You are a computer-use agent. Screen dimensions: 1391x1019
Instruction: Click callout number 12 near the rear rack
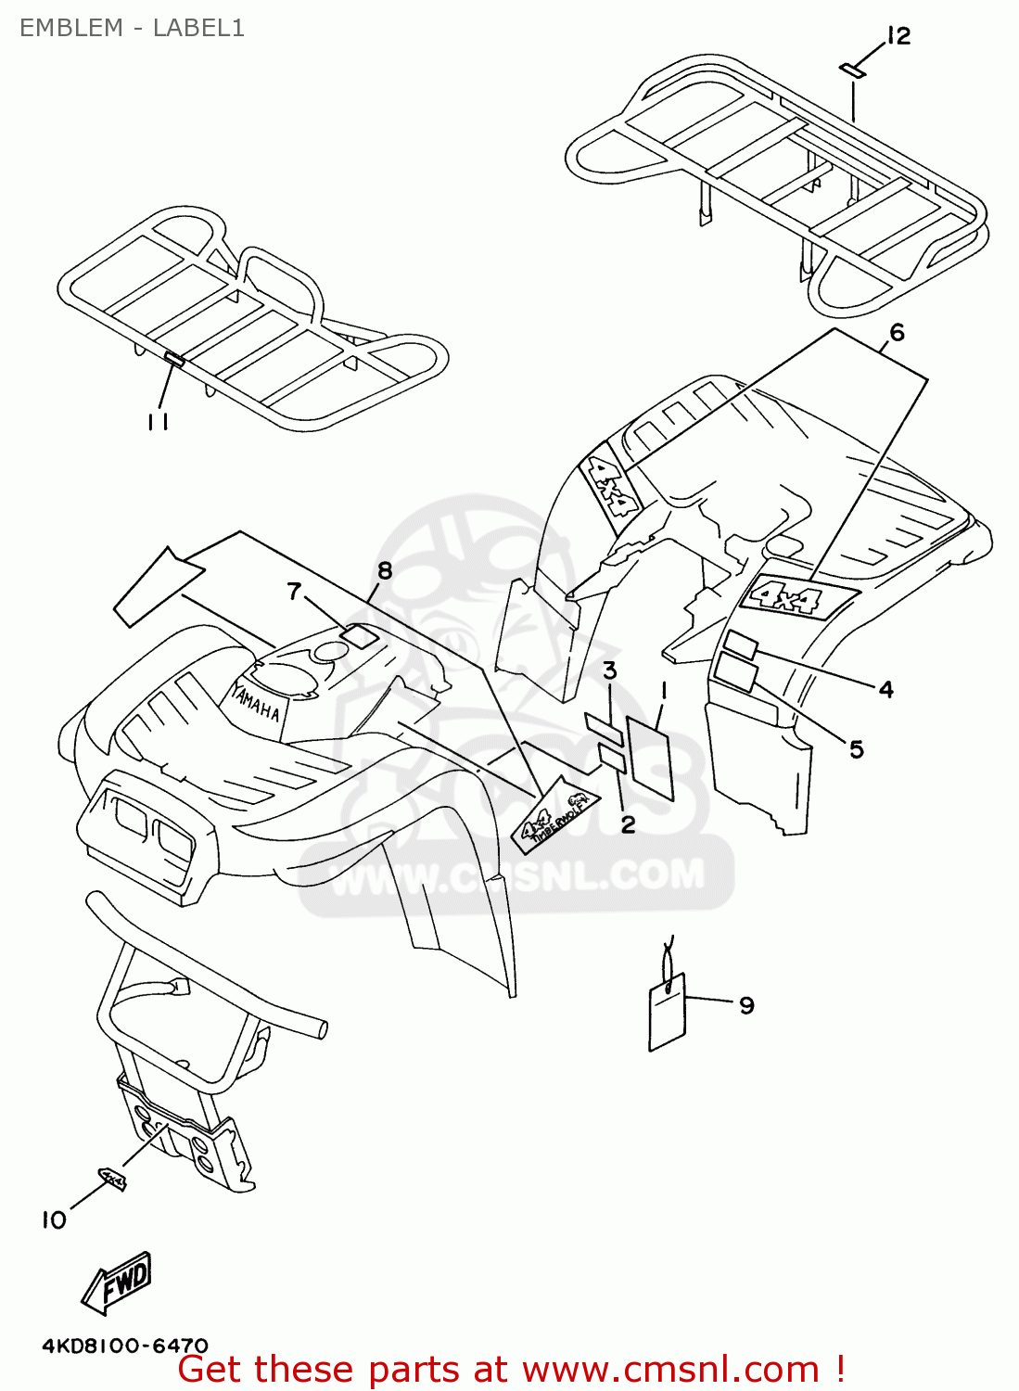(x=898, y=36)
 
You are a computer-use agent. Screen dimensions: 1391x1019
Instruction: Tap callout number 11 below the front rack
(x=158, y=422)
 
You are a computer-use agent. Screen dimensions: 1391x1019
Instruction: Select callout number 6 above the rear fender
(x=897, y=332)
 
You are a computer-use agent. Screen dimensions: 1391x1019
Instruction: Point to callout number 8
(x=385, y=570)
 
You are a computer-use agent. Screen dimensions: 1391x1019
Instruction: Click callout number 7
(x=295, y=591)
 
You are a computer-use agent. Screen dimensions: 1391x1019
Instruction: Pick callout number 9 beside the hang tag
(x=746, y=1005)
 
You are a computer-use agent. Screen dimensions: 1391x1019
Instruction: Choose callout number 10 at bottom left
(x=54, y=1220)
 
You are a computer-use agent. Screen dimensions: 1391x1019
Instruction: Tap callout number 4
(x=885, y=689)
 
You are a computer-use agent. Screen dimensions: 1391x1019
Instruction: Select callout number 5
(x=856, y=748)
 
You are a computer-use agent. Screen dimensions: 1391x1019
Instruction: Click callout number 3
(x=609, y=670)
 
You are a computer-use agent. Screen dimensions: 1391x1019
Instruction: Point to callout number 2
(x=628, y=824)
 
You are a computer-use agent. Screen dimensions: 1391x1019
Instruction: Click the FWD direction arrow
(x=118, y=1283)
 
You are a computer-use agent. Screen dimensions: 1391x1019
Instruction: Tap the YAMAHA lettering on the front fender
(x=255, y=700)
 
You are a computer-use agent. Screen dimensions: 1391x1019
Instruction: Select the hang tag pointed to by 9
(x=667, y=1012)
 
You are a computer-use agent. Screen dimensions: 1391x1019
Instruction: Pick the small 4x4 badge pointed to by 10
(x=113, y=1180)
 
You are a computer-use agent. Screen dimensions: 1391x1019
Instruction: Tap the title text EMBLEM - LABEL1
(x=132, y=28)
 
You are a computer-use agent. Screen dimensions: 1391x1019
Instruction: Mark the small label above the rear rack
(x=852, y=70)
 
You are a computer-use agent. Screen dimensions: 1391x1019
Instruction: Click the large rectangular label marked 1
(x=650, y=757)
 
